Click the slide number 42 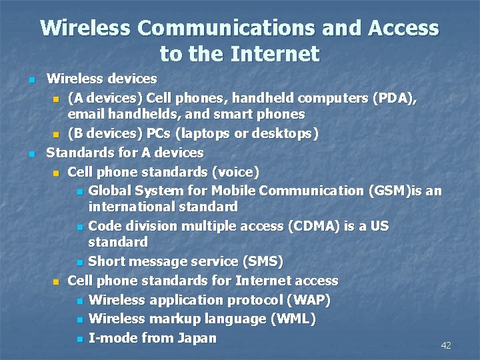[446, 345]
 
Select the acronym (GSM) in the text [389, 191]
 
